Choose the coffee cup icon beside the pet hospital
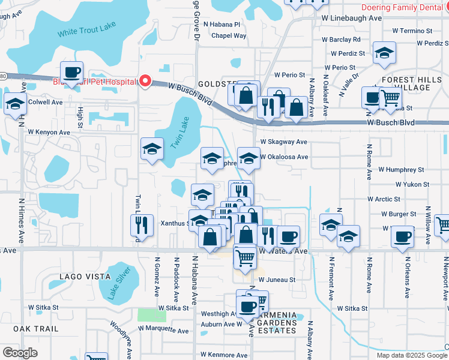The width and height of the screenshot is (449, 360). click(x=72, y=73)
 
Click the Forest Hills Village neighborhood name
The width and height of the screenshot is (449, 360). click(x=405, y=83)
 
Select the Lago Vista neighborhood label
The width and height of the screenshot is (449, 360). click(x=85, y=277)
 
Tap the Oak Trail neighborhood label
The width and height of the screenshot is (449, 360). click(x=36, y=329)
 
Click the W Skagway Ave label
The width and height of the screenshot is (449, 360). click(x=283, y=142)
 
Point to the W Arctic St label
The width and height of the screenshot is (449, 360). click(x=384, y=199)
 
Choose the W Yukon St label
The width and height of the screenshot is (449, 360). click(x=408, y=185)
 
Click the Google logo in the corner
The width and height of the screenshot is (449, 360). click(x=20, y=353)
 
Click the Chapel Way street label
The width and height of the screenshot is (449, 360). click(x=225, y=36)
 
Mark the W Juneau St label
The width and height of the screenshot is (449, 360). click(x=277, y=280)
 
